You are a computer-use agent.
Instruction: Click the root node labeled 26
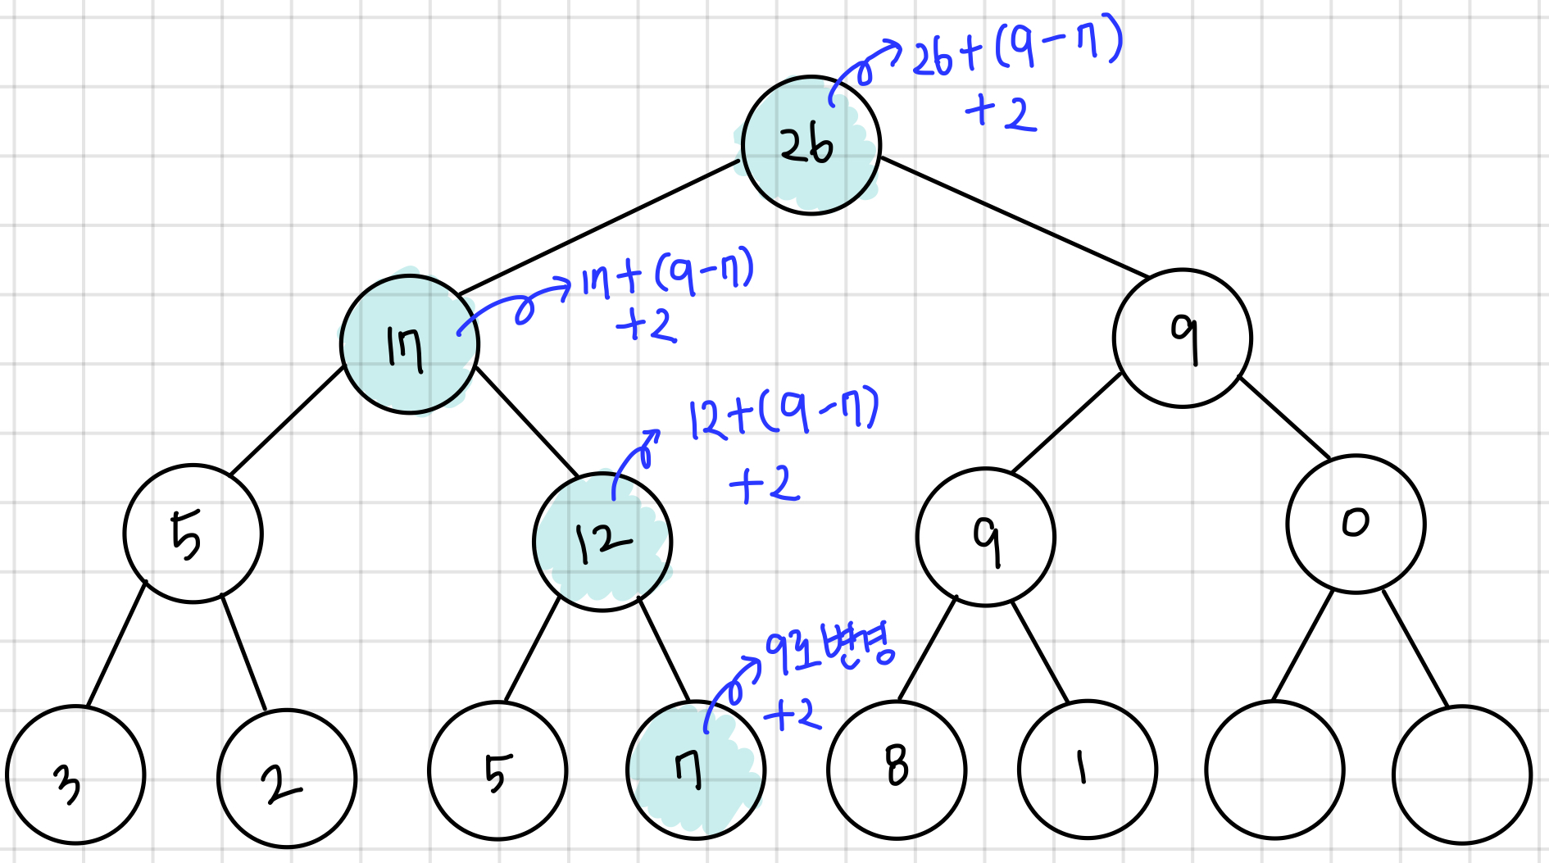[x=811, y=146]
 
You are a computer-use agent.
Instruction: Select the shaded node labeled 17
[x=409, y=345]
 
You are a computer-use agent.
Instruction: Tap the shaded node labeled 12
[x=602, y=542]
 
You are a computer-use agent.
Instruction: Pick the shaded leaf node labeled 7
[x=696, y=770]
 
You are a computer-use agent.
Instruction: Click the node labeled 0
[x=1356, y=524]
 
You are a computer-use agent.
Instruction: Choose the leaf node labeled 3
[x=75, y=775]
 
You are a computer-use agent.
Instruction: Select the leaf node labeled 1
[x=1088, y=770]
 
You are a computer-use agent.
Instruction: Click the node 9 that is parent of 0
[x=1182, y=338]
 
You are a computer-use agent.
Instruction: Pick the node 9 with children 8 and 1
[x=985, y=537]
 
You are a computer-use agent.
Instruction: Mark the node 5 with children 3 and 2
[x=193, y=534]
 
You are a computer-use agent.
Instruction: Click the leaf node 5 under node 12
[x=497, y=770]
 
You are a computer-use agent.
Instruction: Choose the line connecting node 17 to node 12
[x=526, y=421]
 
